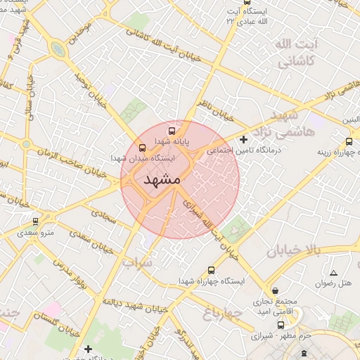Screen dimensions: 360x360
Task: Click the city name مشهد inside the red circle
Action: [162, 180]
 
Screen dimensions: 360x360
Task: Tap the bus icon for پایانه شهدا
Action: [171, 130]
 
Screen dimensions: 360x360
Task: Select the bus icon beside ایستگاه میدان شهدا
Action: [142, 148]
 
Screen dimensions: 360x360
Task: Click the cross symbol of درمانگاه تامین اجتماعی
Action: [244, 139]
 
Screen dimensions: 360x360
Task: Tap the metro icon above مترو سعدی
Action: [36, 220]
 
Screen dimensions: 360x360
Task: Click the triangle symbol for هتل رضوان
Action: [333, 272]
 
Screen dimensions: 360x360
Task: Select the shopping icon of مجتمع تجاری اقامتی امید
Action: [275, 290]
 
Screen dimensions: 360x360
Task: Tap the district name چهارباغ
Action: [224, 310]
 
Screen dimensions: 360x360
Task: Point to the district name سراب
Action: [138, 262]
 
